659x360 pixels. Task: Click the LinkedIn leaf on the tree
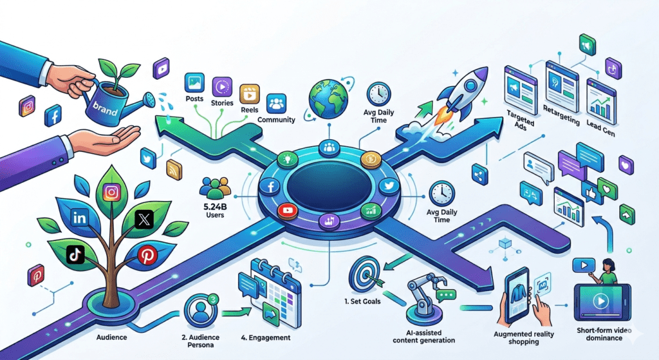click(x=81, y=218)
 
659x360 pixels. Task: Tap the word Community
click(x=276, y=119)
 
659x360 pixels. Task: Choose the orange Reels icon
click(x=248, y=95)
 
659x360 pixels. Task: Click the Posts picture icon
click(x=194, y=83)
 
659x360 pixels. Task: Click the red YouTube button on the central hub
click(x=288, y=211)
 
